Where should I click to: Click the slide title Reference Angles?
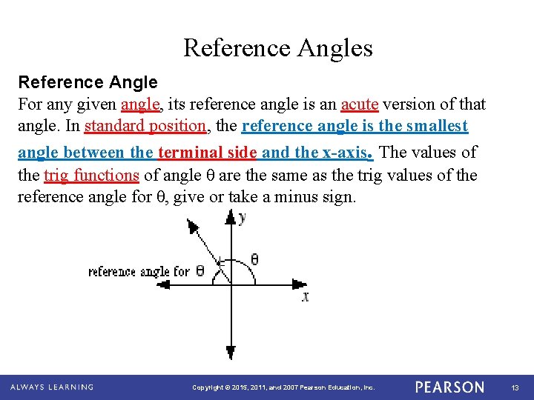pos(278,48)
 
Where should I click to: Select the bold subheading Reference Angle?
pos(88,81)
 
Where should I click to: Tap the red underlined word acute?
pos(360,104)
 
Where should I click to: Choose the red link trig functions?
pos(92,176)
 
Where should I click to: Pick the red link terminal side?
pos(207,153)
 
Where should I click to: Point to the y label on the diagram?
pos(243,217)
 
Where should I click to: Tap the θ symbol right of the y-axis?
pos(254,260)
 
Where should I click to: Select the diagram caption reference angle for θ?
pos(146,271)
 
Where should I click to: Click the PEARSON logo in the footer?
pos(449,387)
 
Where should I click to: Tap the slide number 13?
pos(515,387)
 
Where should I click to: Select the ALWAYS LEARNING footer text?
pos(52,387)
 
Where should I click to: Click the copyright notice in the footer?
pos(283,387)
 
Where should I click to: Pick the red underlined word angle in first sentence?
pos(139,104)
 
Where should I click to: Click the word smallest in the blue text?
pos(436,126)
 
